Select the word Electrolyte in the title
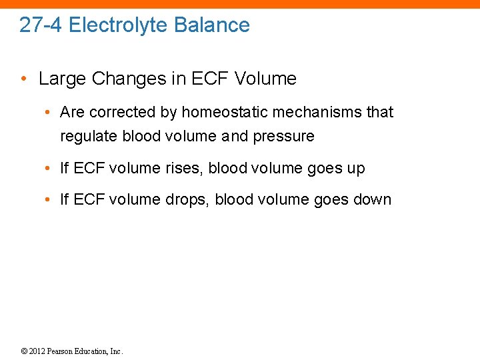[x=118, y=25]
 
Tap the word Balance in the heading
[x=212, y=25]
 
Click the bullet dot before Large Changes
[x=25, y=79]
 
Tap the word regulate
[x=89, y=137]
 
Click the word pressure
[x=283, y=137]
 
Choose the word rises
[x=184, y=169]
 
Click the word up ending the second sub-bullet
[x=355, y=169]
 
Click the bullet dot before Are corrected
[x=50, y=112]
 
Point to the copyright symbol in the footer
[x=25, y=351]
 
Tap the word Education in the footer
[x=94, y=351]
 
